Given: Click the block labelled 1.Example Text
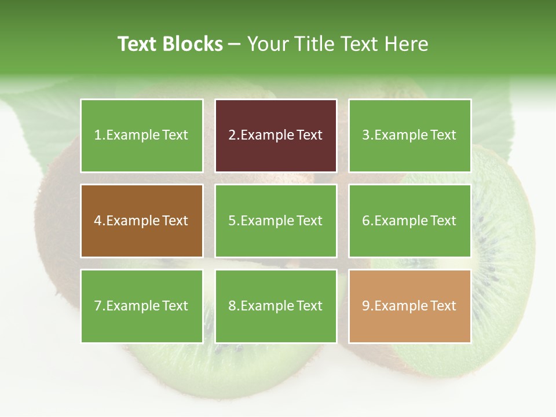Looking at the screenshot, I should pos(141,136).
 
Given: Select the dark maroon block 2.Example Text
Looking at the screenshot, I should pos(276,136).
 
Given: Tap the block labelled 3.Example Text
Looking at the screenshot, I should pos(409,136).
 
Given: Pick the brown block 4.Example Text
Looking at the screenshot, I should pos(141,221).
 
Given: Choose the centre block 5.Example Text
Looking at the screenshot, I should pos(276,221).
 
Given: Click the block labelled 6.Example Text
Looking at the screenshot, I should pos(409,221).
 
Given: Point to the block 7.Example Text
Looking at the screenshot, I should pos(141,306).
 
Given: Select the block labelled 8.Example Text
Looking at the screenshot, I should pos(276,306).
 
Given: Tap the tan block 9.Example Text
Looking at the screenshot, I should pos(409,306).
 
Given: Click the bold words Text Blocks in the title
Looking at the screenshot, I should pos(170,44).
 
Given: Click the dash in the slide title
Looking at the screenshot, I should pos(235,45).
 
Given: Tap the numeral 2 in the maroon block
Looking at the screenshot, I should pos(232,136).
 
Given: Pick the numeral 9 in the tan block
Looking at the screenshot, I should pos(366,306).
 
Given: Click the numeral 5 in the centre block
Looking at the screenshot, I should pos(232,221).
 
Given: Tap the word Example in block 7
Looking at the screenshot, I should pos(133,306).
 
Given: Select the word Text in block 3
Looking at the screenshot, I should pos(444,136).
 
